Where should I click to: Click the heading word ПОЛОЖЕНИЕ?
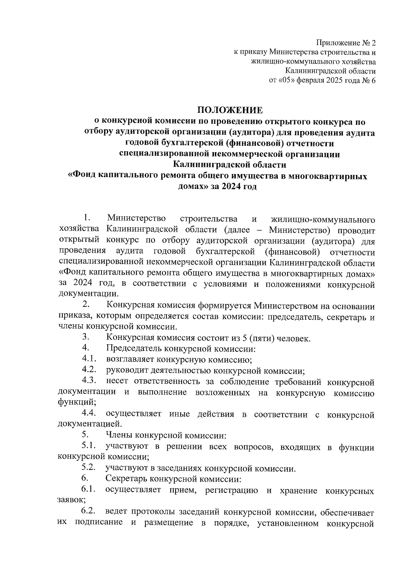(229, 110)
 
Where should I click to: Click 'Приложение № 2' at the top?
(346, 43)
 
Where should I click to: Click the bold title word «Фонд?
(82, 176)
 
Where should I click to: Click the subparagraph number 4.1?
(89, 359)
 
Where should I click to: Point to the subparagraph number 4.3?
(89, 381)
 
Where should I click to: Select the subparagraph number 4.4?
(89, 414)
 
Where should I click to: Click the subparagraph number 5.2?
(89, 468)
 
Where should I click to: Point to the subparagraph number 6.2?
(88, 511)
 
